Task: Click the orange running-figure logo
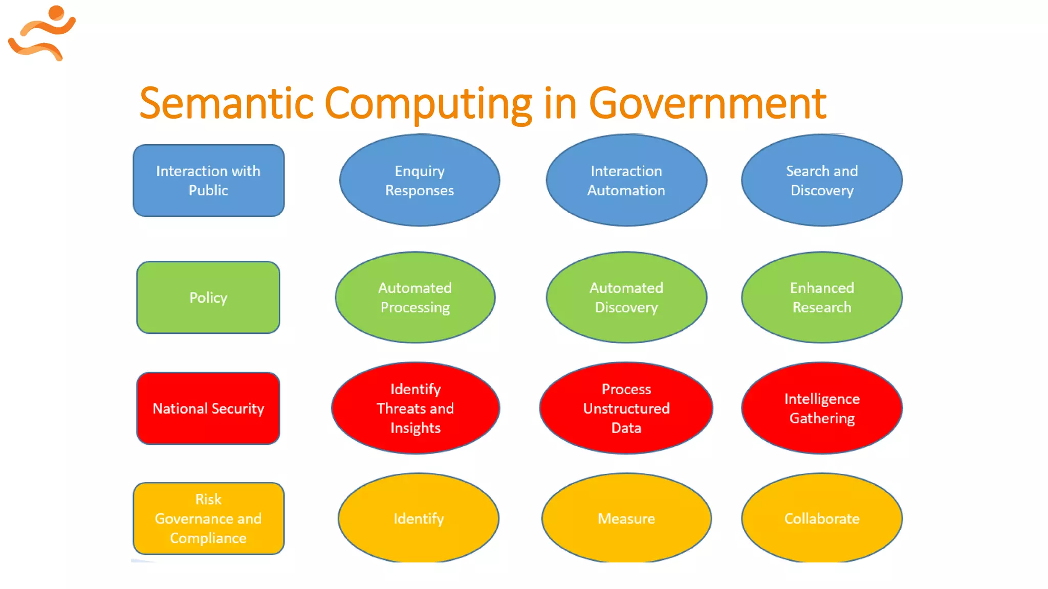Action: [42, 33]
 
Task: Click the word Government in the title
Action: [708, 104]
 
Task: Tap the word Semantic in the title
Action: [226, 104]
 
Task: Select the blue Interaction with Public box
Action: [208, 180]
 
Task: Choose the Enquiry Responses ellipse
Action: [420, 180]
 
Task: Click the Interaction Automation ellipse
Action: [626, 180]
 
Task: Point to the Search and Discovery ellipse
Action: [822, 180]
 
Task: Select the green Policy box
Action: [208, 298]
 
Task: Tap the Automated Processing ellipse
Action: [415, 298]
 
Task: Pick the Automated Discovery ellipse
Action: [626, 298]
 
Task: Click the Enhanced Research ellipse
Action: [822, 298]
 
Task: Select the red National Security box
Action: [208, 409]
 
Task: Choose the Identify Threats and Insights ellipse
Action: [416, 409]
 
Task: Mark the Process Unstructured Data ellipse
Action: [626, 409]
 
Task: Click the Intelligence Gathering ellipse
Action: [822, 409]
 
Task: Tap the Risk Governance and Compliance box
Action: [208, 518]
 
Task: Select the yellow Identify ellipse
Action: [419, 518]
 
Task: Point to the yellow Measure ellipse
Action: [626, 518]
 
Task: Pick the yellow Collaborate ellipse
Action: [822, 518]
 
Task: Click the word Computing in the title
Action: [428, 104]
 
